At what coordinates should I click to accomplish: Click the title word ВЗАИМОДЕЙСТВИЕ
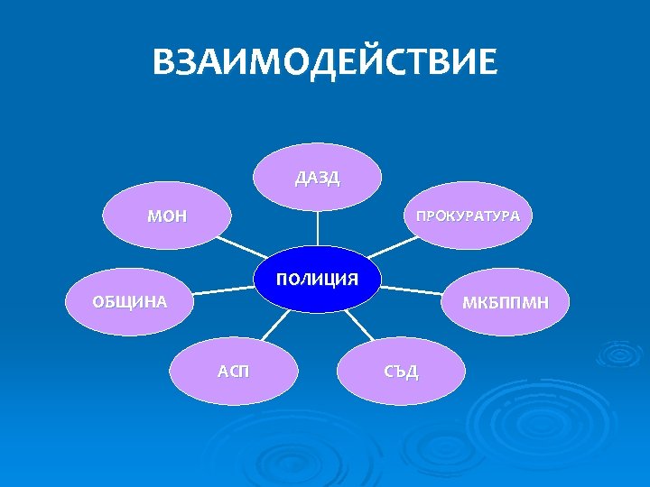[324, 64]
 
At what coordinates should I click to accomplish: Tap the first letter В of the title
[165, 64]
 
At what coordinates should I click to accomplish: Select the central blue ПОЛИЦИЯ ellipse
[317, 279]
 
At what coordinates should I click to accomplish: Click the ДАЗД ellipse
[317, 177]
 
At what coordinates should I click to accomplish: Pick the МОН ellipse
[167, 216]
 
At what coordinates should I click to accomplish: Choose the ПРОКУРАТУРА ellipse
[467, 216]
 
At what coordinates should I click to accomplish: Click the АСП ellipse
[235, 371]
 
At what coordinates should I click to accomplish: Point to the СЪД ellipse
[401, 372]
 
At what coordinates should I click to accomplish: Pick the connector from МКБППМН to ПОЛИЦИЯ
[411, 290]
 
